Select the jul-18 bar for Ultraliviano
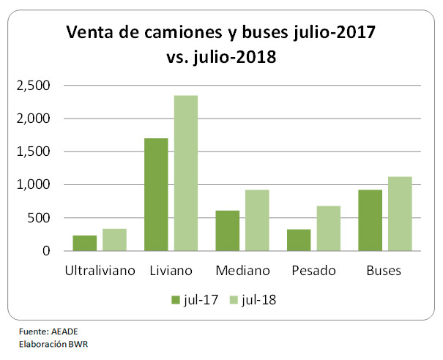[x=113, y=240]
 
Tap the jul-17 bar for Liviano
[x=156, y=195]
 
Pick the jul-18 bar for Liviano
[x=185, y=173]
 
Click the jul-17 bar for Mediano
[x=227, y=230]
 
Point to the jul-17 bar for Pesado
[x=299, y=240]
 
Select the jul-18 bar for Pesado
[x=327, y=228]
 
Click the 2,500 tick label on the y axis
[x=34, y=86]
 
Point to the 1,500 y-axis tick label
[x=34, y=151]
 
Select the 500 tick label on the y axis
[x=39, y=218]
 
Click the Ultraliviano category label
[x=100, y=270]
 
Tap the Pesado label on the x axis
[x=313, y=270]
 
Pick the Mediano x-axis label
[x=242, y=270]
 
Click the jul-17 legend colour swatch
[x=176, y=299]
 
